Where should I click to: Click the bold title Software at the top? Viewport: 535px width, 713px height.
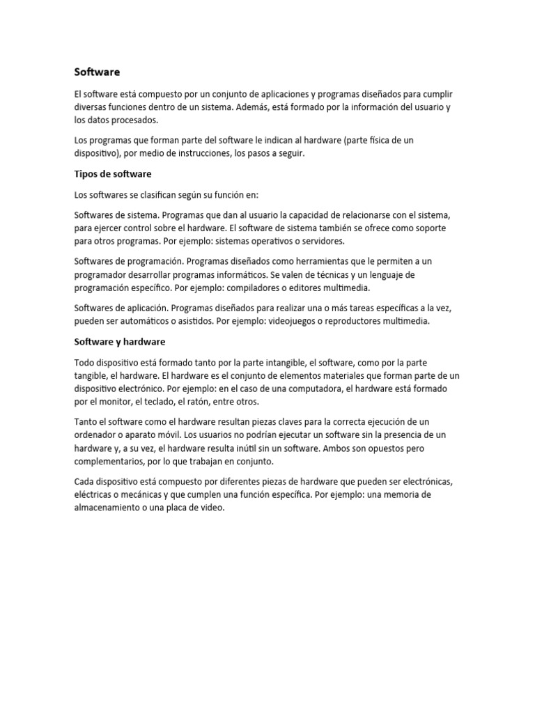tap(97, 72)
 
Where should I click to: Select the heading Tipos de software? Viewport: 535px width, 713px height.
tap(113, 173)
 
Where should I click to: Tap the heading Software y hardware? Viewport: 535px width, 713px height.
tap(119, 342)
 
